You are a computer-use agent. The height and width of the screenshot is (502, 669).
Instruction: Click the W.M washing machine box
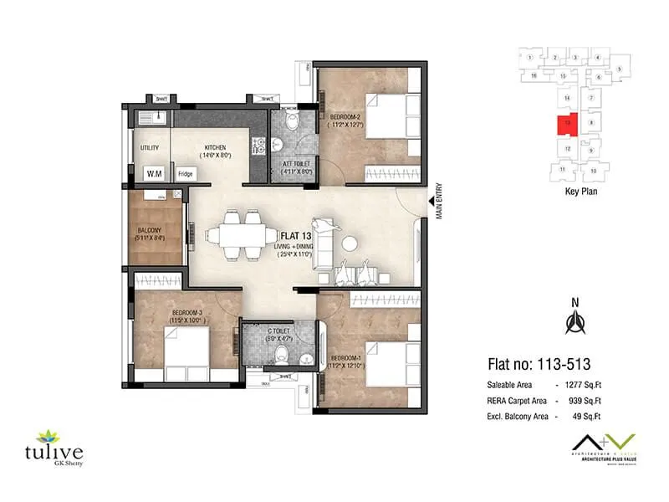[155, 174]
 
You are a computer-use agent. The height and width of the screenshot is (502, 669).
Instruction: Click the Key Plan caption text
[573, 191]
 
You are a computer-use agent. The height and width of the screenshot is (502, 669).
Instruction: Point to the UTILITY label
[150, 147]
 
